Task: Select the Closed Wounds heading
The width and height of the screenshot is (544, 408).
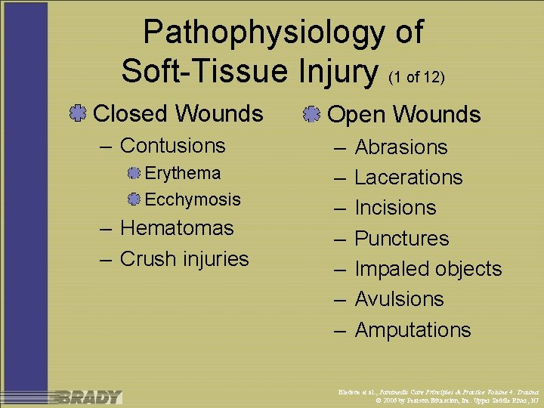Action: [x=178, y=114]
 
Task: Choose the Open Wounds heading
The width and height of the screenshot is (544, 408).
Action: [x=403, y=115]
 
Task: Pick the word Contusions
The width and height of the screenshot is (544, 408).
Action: [x=172, y=145]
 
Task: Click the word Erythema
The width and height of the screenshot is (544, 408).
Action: [x=182, y=173]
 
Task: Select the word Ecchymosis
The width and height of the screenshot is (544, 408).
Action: [x=192, y=199]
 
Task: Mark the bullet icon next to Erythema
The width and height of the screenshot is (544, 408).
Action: [x=134, y=174]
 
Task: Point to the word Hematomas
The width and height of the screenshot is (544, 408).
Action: [x=177, y=227]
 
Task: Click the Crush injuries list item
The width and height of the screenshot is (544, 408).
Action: [x=184, y=258]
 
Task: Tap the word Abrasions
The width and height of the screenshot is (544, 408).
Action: [x=400, y=147]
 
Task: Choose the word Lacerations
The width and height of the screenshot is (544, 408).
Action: [x=408, y=178]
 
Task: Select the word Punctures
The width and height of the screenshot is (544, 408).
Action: [x=401, y=239]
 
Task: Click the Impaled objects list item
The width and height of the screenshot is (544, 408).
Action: [x=428, y=269]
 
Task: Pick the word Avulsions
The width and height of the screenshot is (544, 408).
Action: [x=399, y=299]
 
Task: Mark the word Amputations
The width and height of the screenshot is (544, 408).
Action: [x=413, y=330]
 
